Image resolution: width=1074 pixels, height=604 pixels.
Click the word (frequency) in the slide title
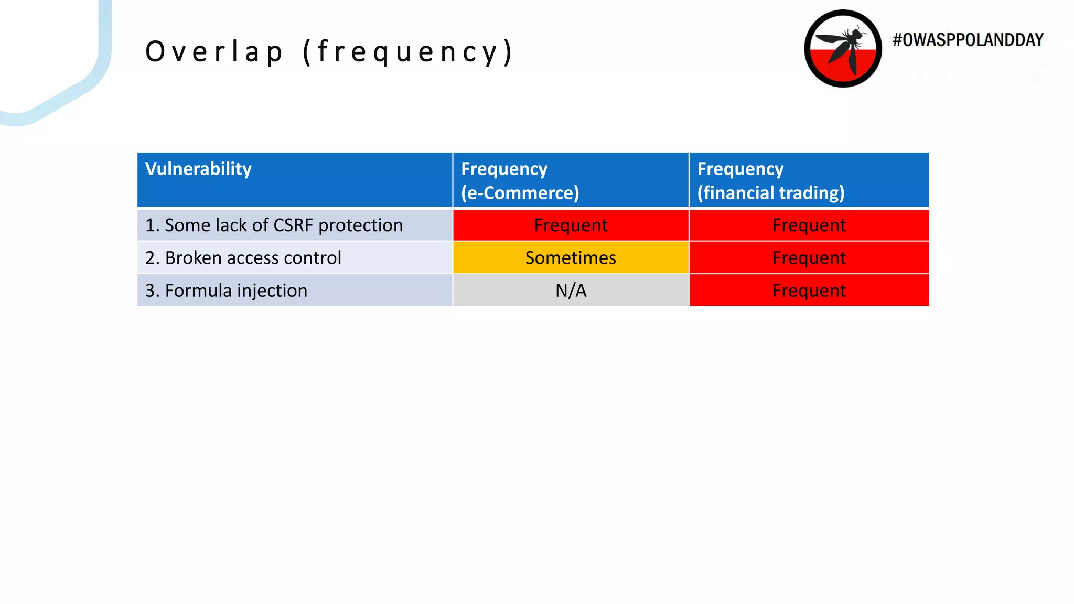coord(409,52)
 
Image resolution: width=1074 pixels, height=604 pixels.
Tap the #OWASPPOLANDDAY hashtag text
coord(968,40)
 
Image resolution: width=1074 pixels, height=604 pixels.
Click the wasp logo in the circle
coord(843,48)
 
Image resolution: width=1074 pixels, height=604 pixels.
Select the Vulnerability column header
coord(198,169)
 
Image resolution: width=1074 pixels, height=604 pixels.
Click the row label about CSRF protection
coord(274,225)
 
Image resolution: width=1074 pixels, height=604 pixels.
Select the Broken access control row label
coord(243,258)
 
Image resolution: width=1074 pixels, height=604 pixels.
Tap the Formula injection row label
coord(226,290)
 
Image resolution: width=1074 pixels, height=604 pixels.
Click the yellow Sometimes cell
coord(571,258)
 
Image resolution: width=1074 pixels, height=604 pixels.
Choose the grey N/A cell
coord(571,290)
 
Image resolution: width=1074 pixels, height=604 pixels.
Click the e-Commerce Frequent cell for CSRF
coord(571,225)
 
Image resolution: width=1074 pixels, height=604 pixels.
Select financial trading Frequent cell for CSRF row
coord(809,225)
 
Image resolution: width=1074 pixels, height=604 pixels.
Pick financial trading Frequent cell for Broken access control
coord(809,258)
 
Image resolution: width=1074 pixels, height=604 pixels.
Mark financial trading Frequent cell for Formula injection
coord(809,290)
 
